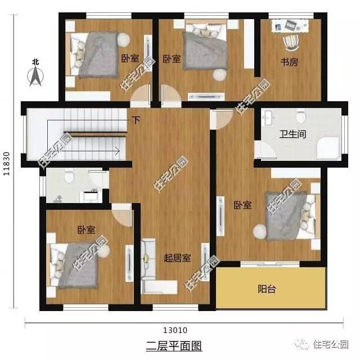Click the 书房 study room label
(x=289, y=62)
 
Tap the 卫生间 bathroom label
(x=292, y=135)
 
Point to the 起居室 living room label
(x=177, y=258)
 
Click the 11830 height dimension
(x=8, y=164)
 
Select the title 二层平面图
(x=173, y=345)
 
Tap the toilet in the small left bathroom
(x=69, y=177)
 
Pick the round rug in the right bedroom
(x=260, y=230)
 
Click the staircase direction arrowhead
(x=117, y=150)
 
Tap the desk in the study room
(x=290, y=25)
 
